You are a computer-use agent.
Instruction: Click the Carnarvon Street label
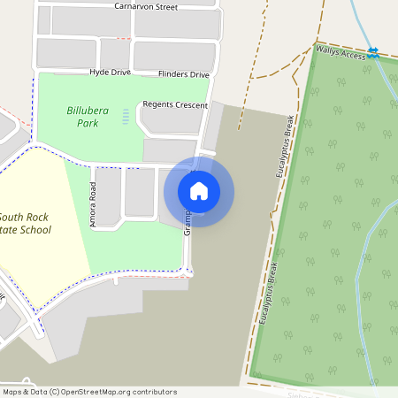pyautogui.click(x=146, y=6)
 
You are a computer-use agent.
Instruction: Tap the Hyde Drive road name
pyautogui.click(x=110, y=72)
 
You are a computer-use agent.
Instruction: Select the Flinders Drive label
pyautogui.click(x=183, y=75)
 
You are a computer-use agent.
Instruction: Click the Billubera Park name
pyautogui.click(x=82, y=117)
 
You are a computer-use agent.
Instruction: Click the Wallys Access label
pyautogui.click(x=340, y=55)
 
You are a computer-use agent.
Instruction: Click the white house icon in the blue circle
pyautogui.click(x=199, y=191)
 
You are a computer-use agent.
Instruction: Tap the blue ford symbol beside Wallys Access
pyautogui.click(x=374, y=53)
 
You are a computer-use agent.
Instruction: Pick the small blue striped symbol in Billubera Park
pyautogui.click(x=125, y=116)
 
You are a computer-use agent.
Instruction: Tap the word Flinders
pyautogui.click(x=172, y=75)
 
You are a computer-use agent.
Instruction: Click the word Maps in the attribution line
pyautogui.click(x=12, y=392)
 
